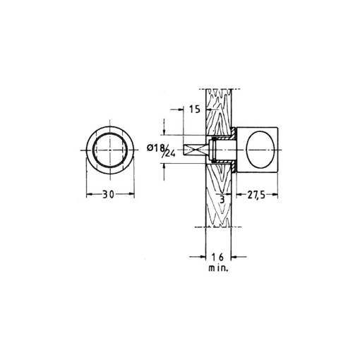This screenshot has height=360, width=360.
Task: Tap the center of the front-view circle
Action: point(110,150)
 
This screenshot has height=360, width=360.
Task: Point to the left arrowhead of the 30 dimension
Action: point(89,194)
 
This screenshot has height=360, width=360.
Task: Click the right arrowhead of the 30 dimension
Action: point(132,194)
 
